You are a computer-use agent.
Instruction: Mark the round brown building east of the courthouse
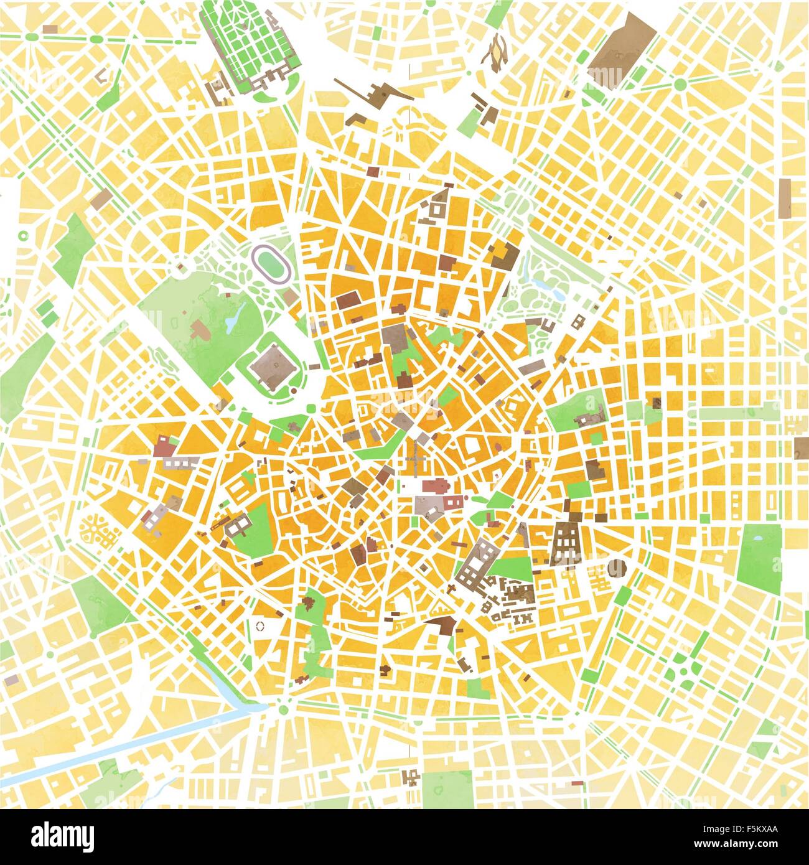tap(616, 568)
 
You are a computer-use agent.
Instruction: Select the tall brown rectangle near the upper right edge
tap(784, 199)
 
